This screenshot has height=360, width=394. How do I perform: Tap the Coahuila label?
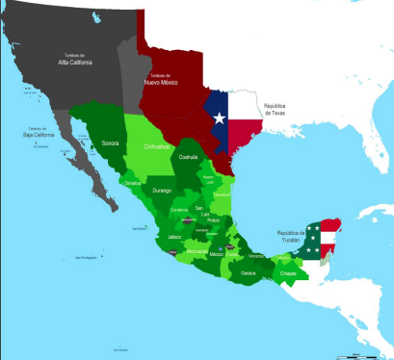click(189, 157)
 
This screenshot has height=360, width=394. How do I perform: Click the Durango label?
click(161, 192)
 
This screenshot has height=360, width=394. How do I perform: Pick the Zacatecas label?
click(178, 209)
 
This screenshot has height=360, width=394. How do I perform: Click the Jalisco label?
click(173, 236)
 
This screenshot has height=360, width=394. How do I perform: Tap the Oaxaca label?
click(249, 272)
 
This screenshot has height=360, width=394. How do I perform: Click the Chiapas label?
click(288, 273)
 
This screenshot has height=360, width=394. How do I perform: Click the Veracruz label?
click(254, 255)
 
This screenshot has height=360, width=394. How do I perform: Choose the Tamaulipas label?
click(221, 194)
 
